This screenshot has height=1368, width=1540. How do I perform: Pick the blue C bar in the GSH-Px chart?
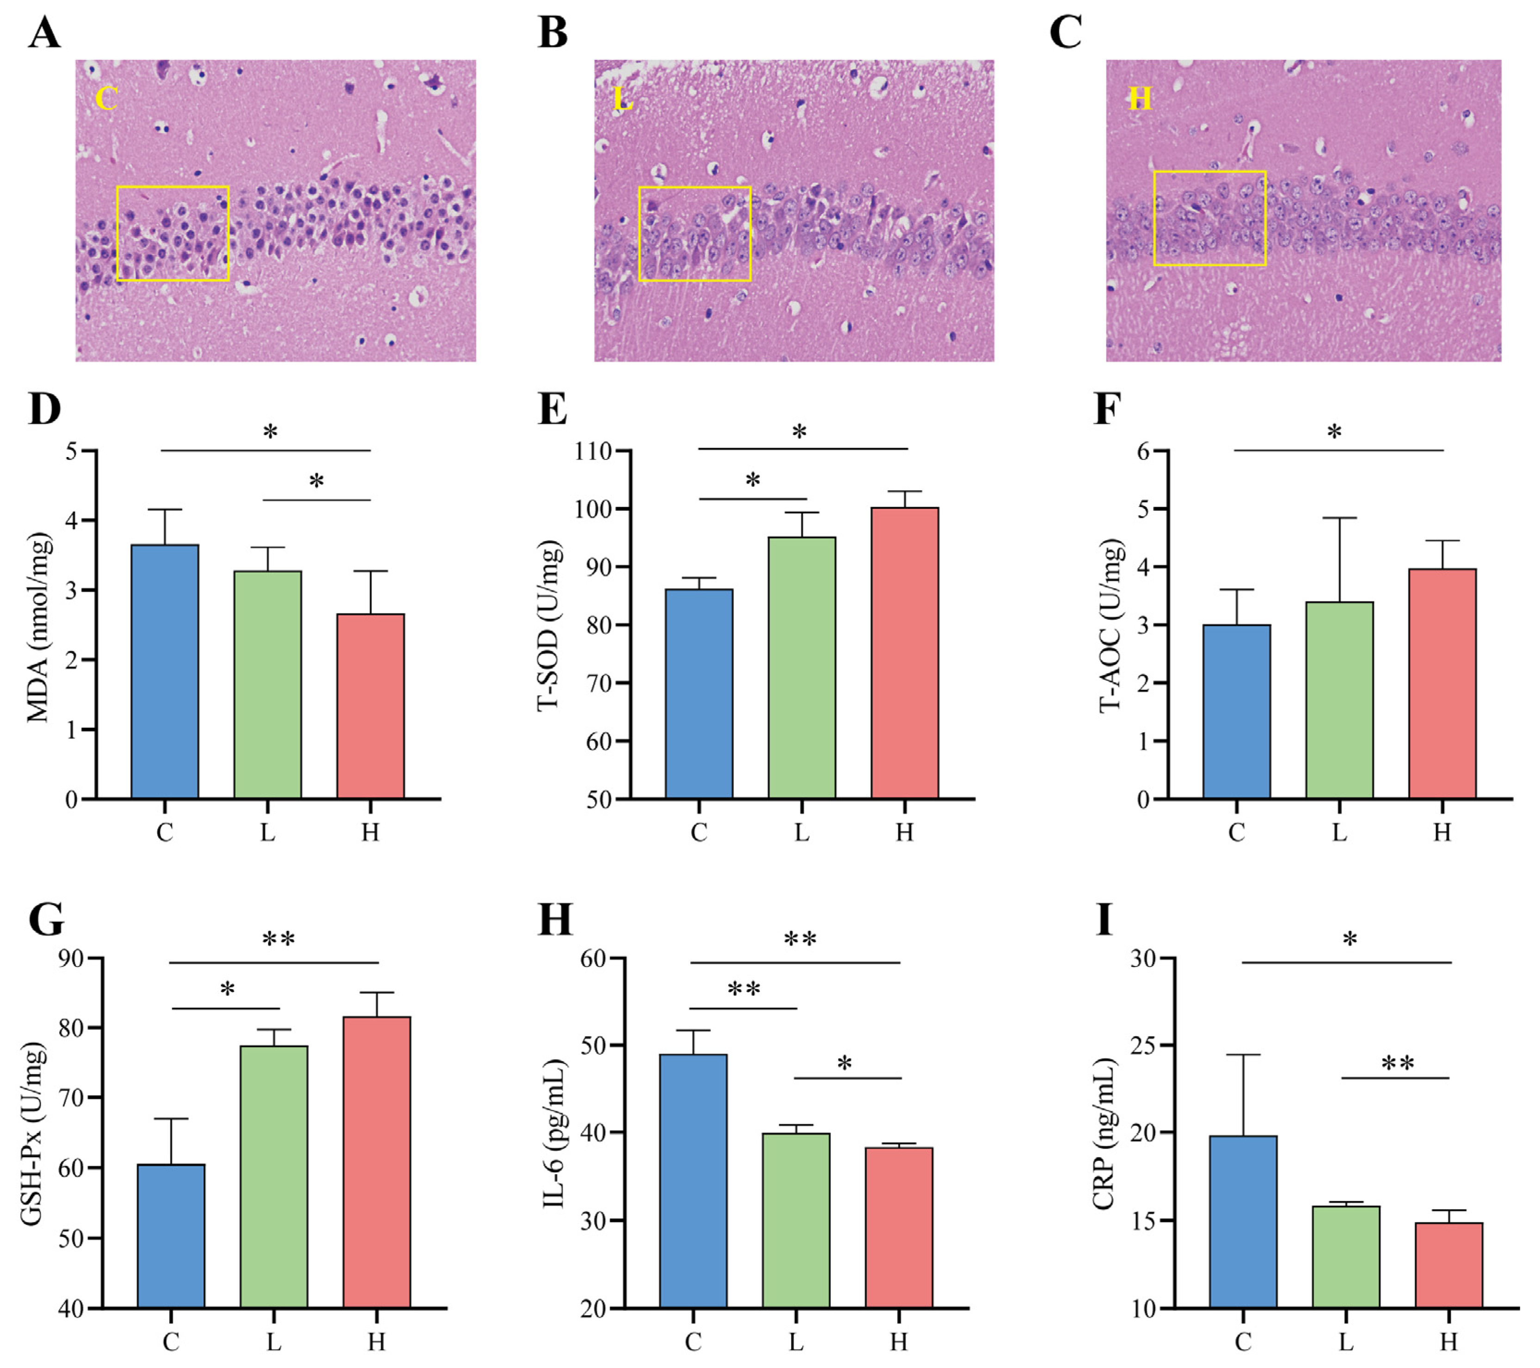tap(171, 1236)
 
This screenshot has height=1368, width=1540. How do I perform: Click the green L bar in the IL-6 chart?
tap(796, 1220)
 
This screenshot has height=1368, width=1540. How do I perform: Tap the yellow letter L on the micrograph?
tap(623, 99)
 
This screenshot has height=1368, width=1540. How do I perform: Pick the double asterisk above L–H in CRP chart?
tap(1398, 1064)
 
